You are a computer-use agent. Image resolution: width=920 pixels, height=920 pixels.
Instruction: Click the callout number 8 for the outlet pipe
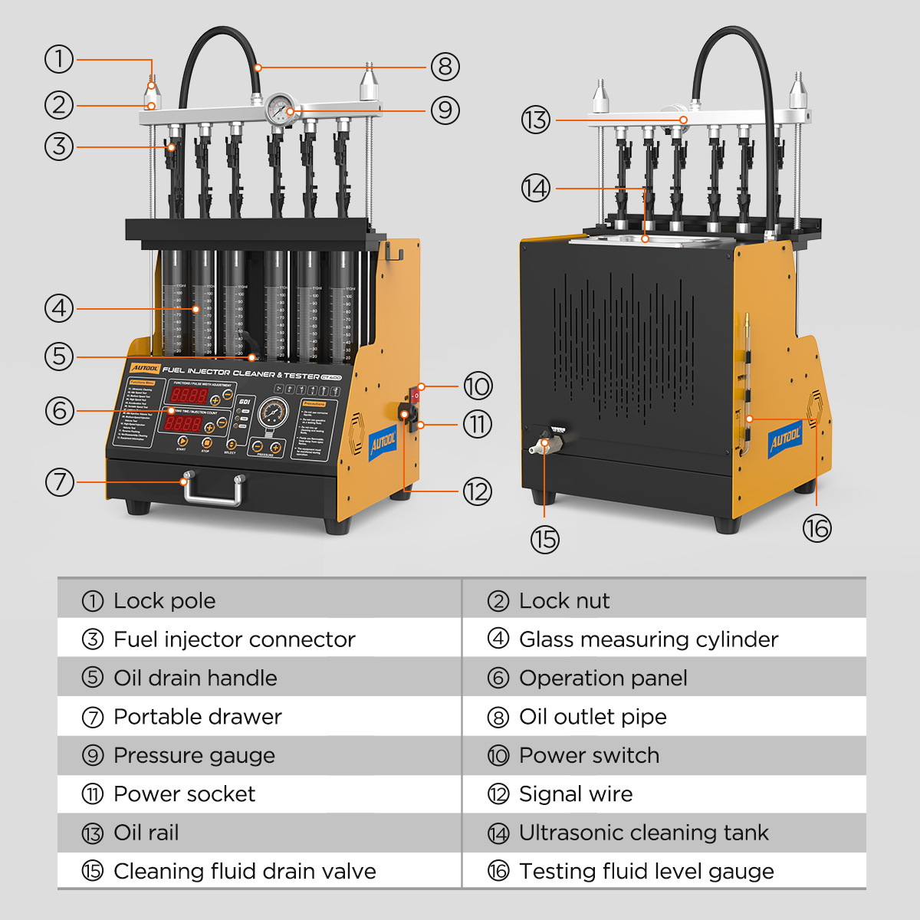pos(445,67)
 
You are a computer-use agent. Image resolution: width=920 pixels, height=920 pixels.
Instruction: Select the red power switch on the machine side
pos(416,395)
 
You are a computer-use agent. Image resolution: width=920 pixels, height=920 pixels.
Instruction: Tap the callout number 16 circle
pos(816,527)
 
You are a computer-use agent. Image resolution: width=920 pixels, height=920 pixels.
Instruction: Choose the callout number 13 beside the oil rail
pos(536,120)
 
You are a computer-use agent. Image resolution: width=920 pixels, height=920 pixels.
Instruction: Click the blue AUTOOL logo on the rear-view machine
pos(785,439)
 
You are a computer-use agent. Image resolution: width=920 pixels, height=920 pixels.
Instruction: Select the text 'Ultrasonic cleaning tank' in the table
pos(643,833)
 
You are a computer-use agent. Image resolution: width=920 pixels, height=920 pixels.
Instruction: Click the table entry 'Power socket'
pos(184,794)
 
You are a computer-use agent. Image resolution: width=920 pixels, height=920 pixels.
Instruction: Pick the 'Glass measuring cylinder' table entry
pos(648,639)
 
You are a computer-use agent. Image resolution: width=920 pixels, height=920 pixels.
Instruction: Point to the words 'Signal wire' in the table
pos(576,794)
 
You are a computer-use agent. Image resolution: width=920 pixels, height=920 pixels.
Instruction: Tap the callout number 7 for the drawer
pos(59,482)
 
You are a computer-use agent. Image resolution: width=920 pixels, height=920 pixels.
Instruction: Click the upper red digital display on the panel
pos(188,396)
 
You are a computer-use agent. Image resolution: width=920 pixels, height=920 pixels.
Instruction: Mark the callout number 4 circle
pos(59,309)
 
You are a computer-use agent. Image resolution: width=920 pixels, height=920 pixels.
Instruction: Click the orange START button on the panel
pos(182,442)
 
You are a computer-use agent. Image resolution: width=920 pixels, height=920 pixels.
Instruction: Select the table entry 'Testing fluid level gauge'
pos(646,872)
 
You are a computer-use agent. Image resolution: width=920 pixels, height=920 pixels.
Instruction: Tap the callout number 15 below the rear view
pos(544,539)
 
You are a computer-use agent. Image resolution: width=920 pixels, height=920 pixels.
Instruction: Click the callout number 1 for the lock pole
pos(59,59)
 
